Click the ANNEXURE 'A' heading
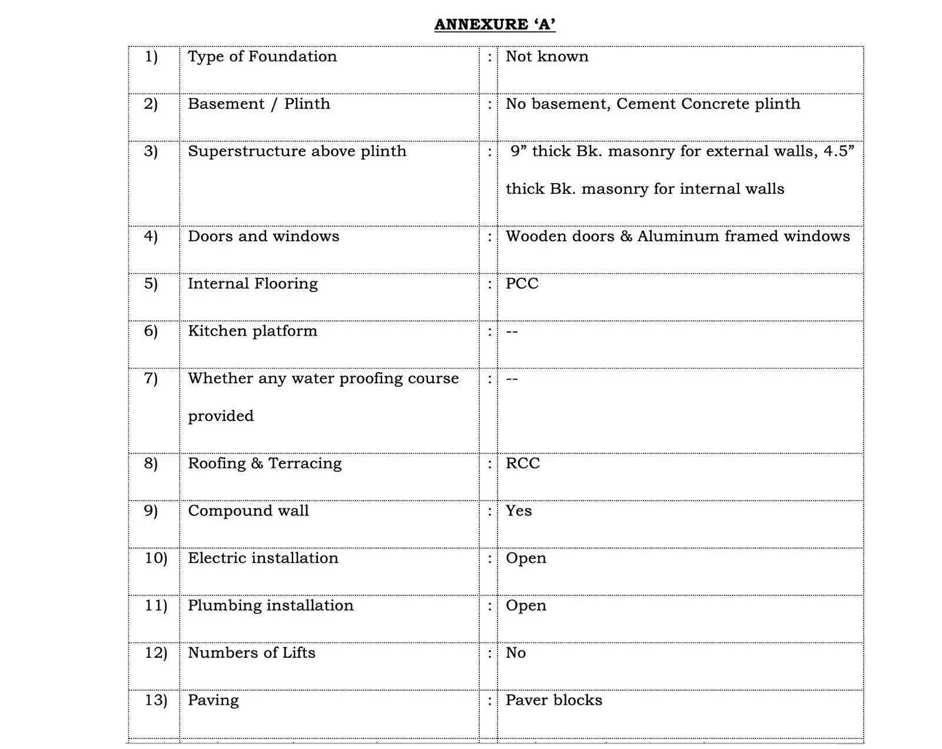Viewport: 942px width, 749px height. pyautogui.click(x=495, y=25)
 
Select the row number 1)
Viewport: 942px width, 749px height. pyautogui.click(x=151, y=57)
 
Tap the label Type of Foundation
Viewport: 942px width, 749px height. pyautogui.click(x=262, y=57)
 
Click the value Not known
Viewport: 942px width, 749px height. pyautogui.click(x=547, y=57)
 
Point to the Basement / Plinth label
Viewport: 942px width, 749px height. pyautogui.click(x=258, y=104)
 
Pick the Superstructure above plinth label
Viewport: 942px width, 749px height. pyautogui.click(x=297, y=151)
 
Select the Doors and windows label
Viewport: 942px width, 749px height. pyautogui.click(x=263, y=237)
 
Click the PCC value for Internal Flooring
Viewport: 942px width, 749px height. pyautogui.click(x=522, y=284)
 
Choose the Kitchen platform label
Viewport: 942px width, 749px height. pyautogui.click(x=252, y=331)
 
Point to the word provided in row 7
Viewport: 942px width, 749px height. pyautogui.click(x=221, y=416)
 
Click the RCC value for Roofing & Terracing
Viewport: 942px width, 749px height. pyautogui.click(x=522, y=463)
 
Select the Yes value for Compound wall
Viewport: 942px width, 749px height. pyautogui.click(x=518, y=511)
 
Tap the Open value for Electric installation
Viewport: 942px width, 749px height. pyautogui.click(x=526, y=558)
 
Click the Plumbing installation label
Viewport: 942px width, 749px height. pyautogui.click(x=270, y=606)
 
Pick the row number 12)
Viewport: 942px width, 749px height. pyautogui.click(x=156, y=653)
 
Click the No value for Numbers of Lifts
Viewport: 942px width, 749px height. pyautogui.click(x=516, y=653)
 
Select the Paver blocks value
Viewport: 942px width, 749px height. pyautogui.click(x=553, y=700)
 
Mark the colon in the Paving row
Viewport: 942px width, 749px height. pyautogui.click(x=489, y=701)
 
